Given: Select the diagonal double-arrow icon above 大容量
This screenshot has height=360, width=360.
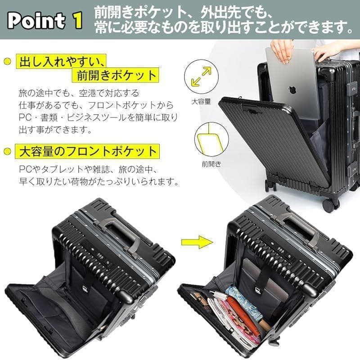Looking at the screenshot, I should click(x=202, y=76).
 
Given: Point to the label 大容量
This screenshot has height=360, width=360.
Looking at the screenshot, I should click(x=202, y=101).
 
